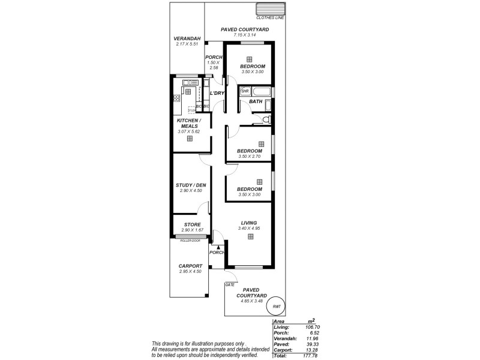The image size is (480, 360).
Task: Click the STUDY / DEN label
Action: (191, 185)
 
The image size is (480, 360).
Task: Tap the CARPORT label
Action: (190, 266)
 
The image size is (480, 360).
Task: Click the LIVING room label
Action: (248, 222)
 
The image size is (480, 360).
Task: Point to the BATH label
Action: (256, 102)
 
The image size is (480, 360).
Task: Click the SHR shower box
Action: (245, 91)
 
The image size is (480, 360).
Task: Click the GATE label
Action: (229, 285)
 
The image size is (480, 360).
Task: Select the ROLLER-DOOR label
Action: (190, 240)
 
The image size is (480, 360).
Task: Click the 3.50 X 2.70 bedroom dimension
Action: (249, 157)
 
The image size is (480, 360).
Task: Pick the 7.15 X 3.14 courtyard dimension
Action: (244, 35)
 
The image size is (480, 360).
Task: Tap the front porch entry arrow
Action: (219, 247)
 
